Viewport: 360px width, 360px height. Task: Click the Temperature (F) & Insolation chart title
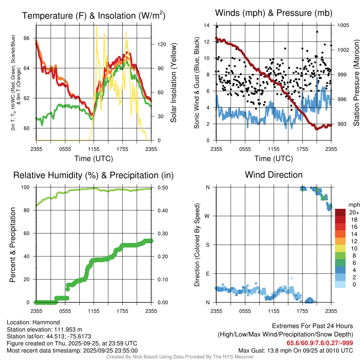click(x=94, y=16)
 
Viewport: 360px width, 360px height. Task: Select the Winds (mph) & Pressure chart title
click(x=274, y=13)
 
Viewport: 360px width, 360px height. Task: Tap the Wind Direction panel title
click(x=274, y=175)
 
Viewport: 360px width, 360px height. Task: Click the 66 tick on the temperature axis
click(x=30, y=38)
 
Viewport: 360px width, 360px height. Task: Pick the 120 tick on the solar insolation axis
click(x=157, y=44)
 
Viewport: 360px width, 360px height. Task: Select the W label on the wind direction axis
click(x=208, y=216)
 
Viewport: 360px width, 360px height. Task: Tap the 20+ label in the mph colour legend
click(x=354, y=212)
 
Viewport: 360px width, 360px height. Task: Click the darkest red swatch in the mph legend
click(x=340, y=212)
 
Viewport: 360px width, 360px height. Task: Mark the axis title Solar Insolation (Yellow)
click(x=173, y=83)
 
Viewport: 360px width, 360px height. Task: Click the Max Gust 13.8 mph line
click(x=296, y=351)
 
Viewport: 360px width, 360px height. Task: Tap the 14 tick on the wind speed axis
click(x=207, y=25)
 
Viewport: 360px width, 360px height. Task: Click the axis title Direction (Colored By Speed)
click(x=197, y=245)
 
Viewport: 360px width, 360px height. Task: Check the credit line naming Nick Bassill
click(x=180, y=357)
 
